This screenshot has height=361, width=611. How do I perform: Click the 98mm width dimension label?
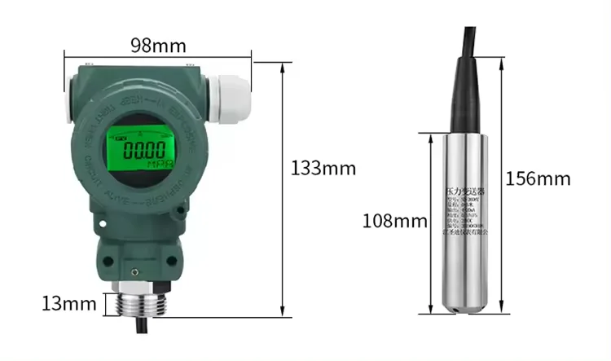point(158,45)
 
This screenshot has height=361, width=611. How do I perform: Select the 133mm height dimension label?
point(323,169)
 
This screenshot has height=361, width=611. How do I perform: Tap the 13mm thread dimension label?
point(69,304)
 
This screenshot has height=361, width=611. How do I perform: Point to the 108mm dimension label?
point(395,221)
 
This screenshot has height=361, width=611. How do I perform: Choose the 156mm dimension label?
point(538,178)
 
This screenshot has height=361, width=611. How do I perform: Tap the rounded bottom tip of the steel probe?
point(465,308)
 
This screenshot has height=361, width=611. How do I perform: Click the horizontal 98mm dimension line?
point(158,59)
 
